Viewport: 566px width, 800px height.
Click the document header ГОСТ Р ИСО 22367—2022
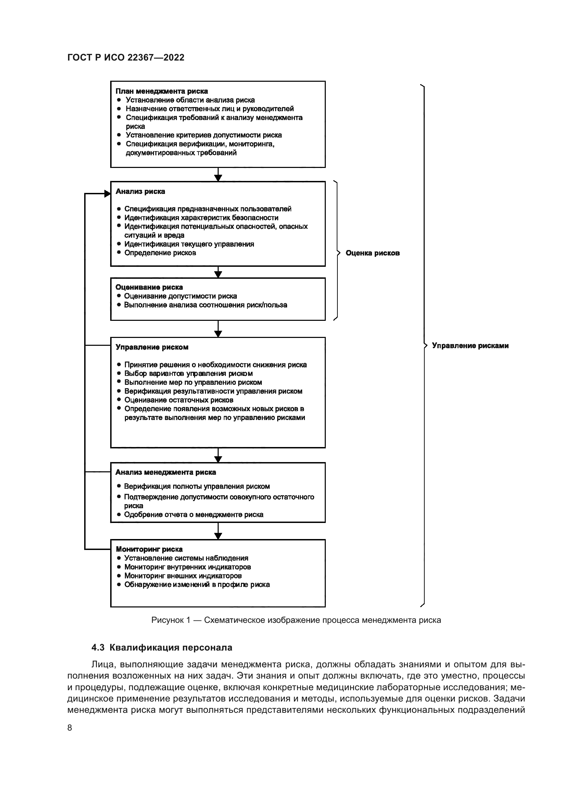click(x=126, y=57)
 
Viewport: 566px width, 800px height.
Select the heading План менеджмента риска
click(x=162, y=91)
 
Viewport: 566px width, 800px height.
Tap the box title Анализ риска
click(x=140, y=191)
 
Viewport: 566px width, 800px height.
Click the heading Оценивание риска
click(x=149, y=287)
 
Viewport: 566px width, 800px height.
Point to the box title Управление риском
click(x=152, y=347)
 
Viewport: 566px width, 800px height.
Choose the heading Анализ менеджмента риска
click(x=166, y=472)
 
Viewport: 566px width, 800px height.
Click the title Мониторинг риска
click(x=149, y=549)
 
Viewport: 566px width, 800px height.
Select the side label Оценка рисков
click(x=372, y=253)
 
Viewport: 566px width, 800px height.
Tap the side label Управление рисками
click(x=470, y=346)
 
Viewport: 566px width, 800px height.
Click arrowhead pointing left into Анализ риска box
click(x=107, y=194)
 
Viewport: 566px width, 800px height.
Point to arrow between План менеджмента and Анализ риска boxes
click(x=218, y=174)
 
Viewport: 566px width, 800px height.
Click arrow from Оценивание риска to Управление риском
click(x=218, y=329)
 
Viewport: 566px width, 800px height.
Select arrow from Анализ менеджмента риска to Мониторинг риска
click(x=218, y=532)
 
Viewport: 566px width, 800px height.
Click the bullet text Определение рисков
click(x=160, y=253)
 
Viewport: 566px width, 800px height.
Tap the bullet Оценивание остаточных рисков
click(x=178, y=400)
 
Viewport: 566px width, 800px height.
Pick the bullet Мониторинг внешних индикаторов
click(x=183, y=576)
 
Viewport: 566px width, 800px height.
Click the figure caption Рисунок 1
click(x=296, y=620)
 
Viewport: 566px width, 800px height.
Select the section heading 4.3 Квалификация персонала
click(x=162, y=648)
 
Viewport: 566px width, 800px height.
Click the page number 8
click(x=70, y=727)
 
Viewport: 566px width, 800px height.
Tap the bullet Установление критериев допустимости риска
click(x=204, y=135)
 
